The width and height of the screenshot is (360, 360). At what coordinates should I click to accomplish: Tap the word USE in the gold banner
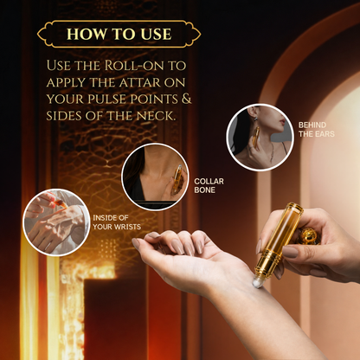[157, 34]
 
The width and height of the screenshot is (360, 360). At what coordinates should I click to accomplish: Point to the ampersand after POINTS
[187, 99]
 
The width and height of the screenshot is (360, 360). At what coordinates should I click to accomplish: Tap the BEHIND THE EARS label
[317, 130]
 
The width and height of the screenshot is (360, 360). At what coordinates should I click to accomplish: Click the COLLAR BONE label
[209, 185]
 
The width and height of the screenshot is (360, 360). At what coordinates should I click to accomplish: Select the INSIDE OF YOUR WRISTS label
[117, 222]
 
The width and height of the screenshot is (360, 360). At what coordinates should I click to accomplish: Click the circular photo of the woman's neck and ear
[260, 138]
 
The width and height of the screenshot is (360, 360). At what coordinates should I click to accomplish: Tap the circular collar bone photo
[155, 177]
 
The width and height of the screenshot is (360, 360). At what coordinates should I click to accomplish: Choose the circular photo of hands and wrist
[56, 222]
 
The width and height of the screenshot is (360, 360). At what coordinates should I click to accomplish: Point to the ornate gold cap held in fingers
[308, 235]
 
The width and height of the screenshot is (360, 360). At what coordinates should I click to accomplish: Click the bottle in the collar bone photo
[177, 178]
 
